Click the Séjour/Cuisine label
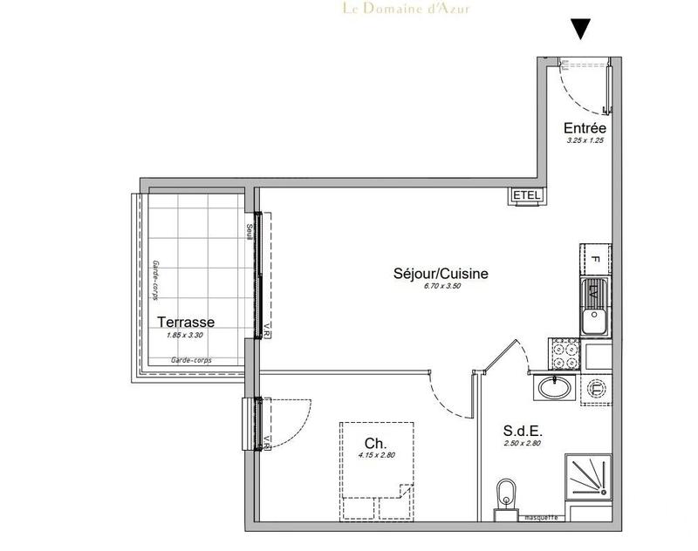click(441, 274)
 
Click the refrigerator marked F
click(593, 259)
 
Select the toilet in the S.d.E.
click(504, 500)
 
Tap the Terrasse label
click(185, 322)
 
